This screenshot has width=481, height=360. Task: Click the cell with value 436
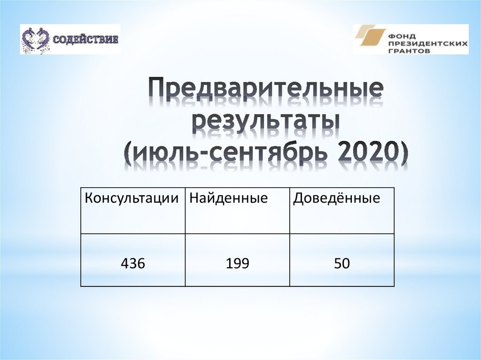(133, 264)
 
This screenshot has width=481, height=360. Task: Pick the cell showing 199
(237, 264)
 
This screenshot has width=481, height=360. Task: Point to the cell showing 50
(342, 264)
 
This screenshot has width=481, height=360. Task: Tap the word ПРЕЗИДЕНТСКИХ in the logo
(427, 41)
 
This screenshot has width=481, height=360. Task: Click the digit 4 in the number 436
(125, 264)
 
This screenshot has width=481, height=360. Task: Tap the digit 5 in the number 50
(338, 264)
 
